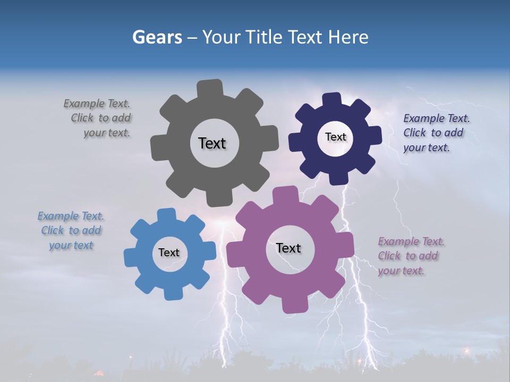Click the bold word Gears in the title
pyautogui.click(x=157, y=37)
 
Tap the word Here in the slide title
pyautogui.click(x=348, y=37)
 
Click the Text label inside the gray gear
pyautogui.click(x=212, y=143)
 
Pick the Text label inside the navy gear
pyautogui.click(x=335, y=137)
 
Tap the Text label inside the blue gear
pyautogui.click(x=168, y=253)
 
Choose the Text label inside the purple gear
pyautogui.click(x=288, y=248)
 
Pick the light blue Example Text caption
pyautogui.click(x=71, y=231)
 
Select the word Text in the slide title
pyautogui.click(x=305, y=37)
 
